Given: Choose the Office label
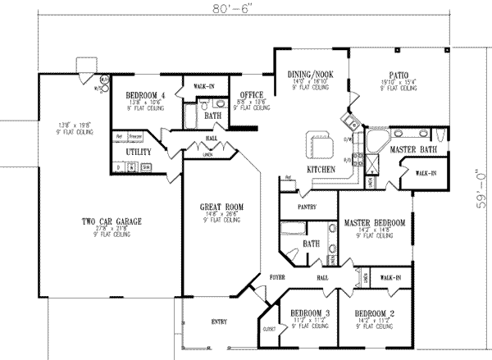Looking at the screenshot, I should tap(245, 95).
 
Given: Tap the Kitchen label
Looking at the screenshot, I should tap(321, 168).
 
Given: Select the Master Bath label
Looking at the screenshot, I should tap(410, 149).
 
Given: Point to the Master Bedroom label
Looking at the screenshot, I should tap(374, 222).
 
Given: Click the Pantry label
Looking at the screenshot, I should tap(307, 208).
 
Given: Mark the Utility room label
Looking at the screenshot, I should tap(136, 153).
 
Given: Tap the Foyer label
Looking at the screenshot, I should tap(277, 278).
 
